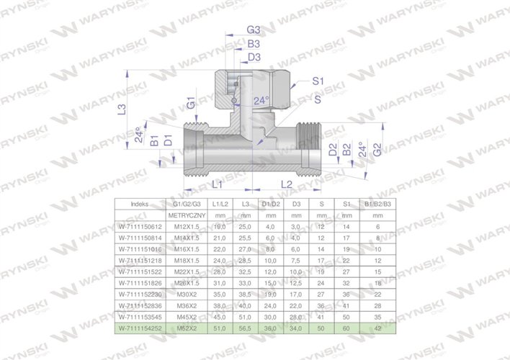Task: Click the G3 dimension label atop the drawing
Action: click(254, 30)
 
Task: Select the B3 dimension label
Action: click(254, 44)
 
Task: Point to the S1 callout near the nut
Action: click(318, 82)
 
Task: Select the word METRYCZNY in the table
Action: click(187, 215)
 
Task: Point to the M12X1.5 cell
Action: click(187, 226)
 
